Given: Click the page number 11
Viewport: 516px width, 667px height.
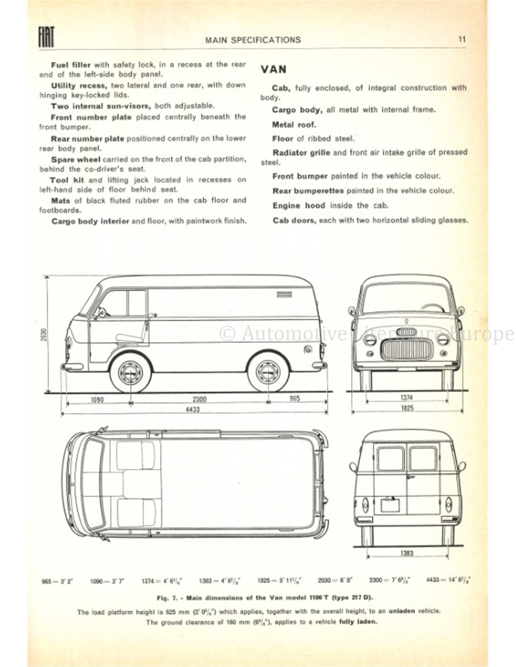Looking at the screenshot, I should tap(462, 39).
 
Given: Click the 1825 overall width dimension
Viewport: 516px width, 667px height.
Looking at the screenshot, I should tap(407, 409).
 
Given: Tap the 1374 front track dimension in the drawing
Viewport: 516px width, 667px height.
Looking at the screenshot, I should tap(407, 397).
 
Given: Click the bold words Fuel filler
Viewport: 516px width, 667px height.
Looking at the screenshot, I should tap(70, 64).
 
